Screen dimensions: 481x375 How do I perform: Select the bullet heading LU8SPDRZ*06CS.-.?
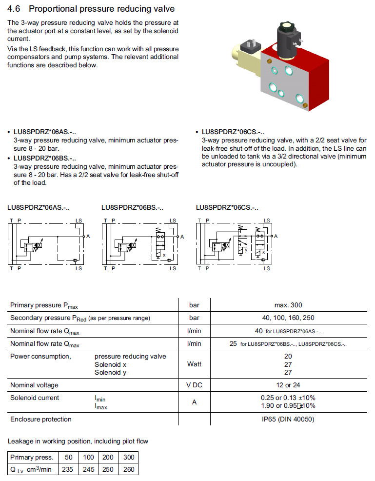point(233,132)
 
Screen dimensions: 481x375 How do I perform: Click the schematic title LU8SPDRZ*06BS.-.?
point(132,207)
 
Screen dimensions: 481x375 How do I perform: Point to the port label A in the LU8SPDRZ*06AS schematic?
point(88,237)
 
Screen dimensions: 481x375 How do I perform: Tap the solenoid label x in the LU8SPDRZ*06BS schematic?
point(164,255)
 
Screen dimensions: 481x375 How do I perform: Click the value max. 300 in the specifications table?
point(288,305)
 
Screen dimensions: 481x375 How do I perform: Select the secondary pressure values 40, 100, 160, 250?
point(288,318)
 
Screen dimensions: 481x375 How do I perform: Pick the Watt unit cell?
point(194,364)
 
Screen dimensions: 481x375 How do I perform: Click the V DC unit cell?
point(194,385)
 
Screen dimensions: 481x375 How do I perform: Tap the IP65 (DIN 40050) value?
point(288,420)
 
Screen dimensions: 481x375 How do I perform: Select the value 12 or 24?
point(288,385)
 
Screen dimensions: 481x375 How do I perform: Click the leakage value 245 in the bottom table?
point(88,469)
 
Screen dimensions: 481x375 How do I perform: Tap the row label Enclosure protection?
point(40,420)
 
